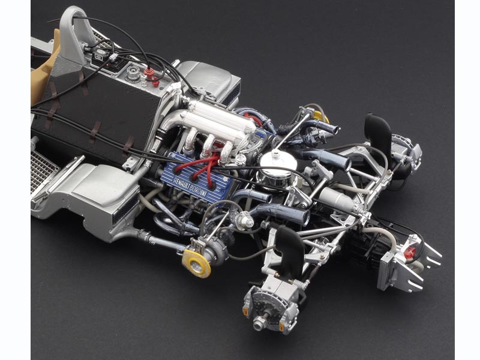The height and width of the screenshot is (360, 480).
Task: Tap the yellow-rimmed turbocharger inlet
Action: [197, 263]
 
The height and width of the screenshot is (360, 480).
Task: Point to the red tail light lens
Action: [410, 252]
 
